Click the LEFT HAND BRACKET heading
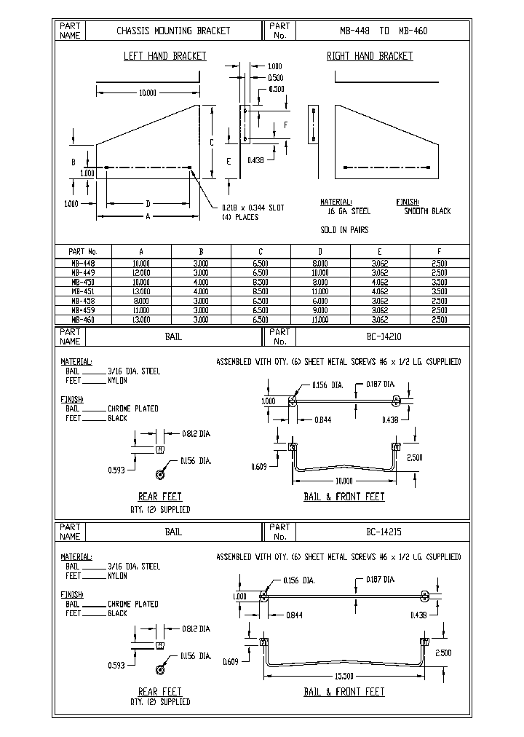(x=164, y=56)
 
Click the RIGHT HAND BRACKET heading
(x=369, y=56)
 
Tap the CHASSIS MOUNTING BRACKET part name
(x=173, y=31)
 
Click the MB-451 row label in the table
(x=82, y=291)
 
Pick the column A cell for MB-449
(x=140, y=272)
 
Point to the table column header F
(x=439, y=251)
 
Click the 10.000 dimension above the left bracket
(x=147, y=92)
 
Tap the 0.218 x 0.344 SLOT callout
(x=253, y=208)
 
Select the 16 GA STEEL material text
(x=349, y=211)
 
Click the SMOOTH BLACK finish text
(x=427, y=211)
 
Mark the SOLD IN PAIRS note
(x=344, y=230)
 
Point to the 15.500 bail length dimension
(x=346, y=677)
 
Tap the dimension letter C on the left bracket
(x=211, y=143)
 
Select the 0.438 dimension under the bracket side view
(x=255, y=159)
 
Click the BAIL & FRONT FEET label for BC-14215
(x=344, y=692)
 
